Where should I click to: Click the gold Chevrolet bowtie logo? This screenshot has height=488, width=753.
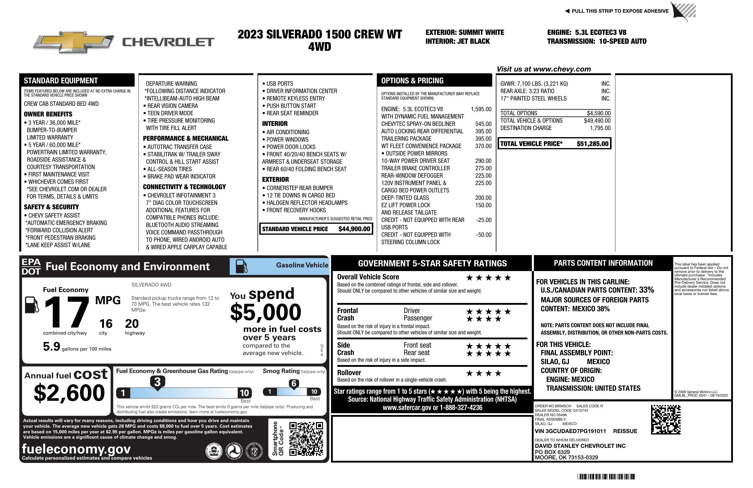[x=74, y=42]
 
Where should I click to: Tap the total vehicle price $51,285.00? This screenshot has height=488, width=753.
[x=592, y=144]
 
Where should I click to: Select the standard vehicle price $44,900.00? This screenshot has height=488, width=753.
[x=354, y=229]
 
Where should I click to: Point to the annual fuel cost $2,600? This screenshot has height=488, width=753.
[x=69, y=393]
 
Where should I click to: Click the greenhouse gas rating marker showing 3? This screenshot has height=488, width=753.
[x=157, y=382]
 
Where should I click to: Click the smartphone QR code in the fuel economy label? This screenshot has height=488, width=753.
[x=306, y=439]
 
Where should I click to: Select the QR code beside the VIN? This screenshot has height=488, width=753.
[x=666, y=419]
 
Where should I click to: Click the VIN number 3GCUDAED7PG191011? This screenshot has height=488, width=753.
[x=570, y=431]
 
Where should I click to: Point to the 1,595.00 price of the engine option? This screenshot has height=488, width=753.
[x=481, y=109]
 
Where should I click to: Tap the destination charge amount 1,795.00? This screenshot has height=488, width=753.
[x=600, y=128]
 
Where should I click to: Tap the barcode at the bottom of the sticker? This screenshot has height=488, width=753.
[x=606, y=476]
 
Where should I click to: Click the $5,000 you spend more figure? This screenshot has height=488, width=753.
[x=265, y=312]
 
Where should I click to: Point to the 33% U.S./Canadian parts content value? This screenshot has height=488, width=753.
[x=646, y=290]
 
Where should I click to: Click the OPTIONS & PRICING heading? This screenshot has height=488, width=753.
[x=412, y=81]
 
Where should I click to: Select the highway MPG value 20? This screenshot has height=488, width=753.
[x=132, y=324]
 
